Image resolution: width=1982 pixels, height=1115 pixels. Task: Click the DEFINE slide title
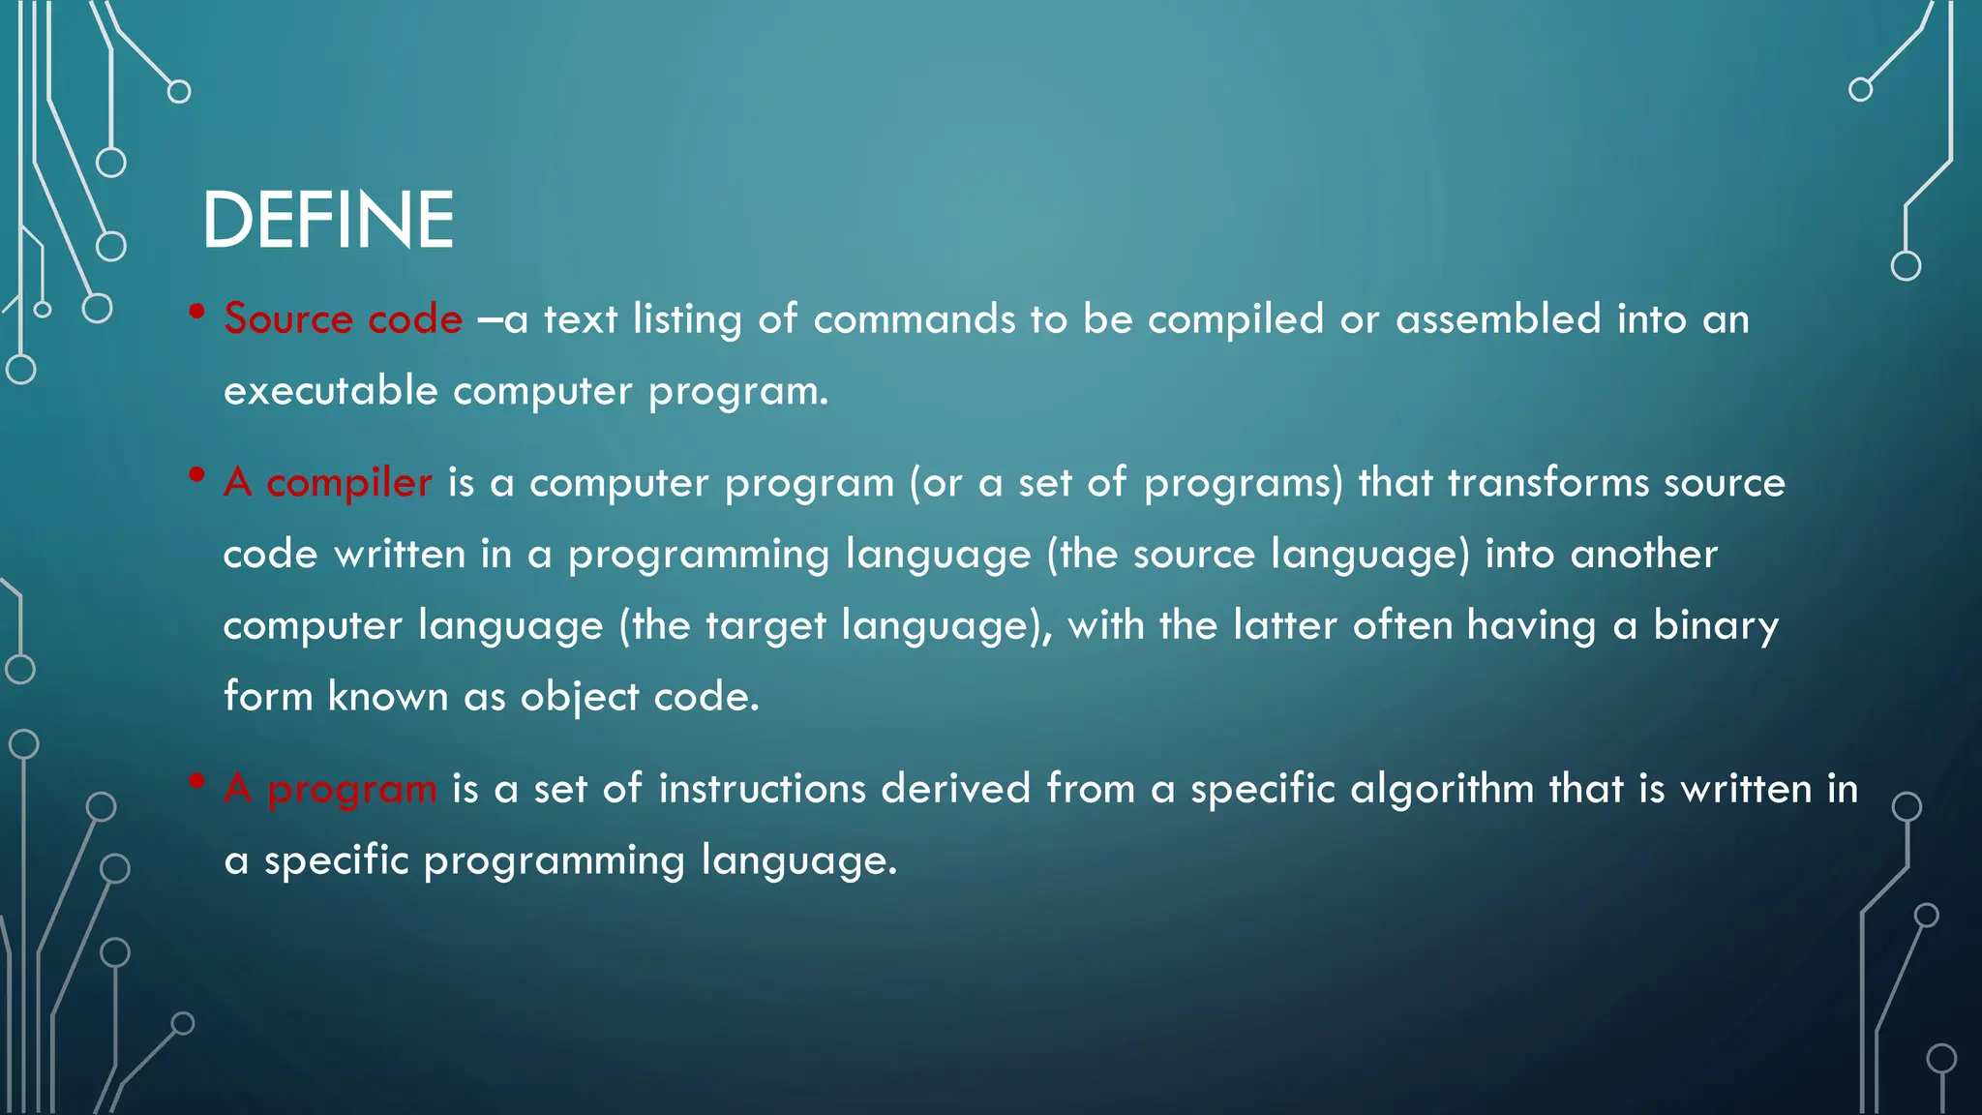(x=327, y=221)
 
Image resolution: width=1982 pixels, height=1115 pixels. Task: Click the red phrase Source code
(x=343, y=319)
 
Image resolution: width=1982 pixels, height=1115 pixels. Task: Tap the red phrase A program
(x=330, y=789)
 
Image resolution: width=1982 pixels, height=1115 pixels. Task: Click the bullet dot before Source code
(x=196, y=312)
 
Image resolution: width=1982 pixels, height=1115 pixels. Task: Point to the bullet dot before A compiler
(x=196, y=474)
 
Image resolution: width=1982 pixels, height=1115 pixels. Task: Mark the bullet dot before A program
(x=196, y=780)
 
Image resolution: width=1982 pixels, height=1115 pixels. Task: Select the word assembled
(x=1498, y=319)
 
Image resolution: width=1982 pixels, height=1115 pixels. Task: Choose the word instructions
(x=762, y=789)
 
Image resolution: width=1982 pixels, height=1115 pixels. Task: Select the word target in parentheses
(x=764, y=625)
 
